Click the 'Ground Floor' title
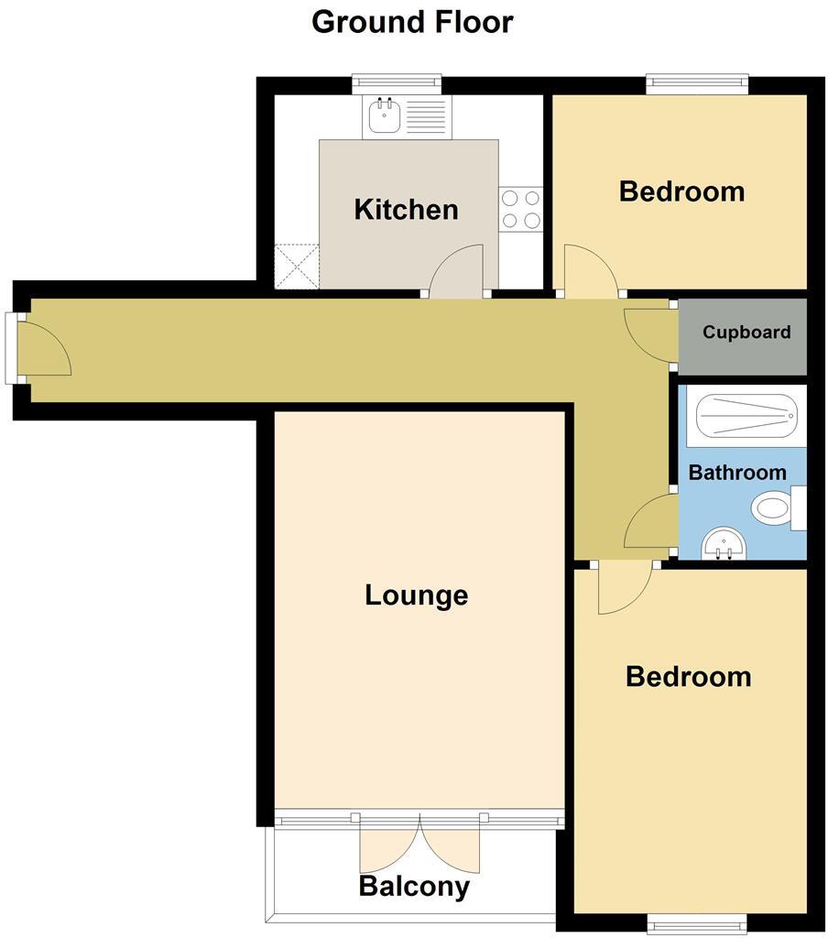pos(412,21)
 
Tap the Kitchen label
pos(406,210)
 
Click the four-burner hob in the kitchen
pos(520,208)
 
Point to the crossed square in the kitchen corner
pos(296,267)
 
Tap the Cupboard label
pos(746,333)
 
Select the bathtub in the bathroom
pos(743,417)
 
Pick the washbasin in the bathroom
pos(724,546)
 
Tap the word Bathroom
pos(737,473)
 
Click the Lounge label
pos(416,595)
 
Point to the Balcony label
pos(414,887)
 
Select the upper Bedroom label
pos(681,191)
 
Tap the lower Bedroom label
pos(688,677)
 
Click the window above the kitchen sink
pos(397,83)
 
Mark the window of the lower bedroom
pos(690,923)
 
